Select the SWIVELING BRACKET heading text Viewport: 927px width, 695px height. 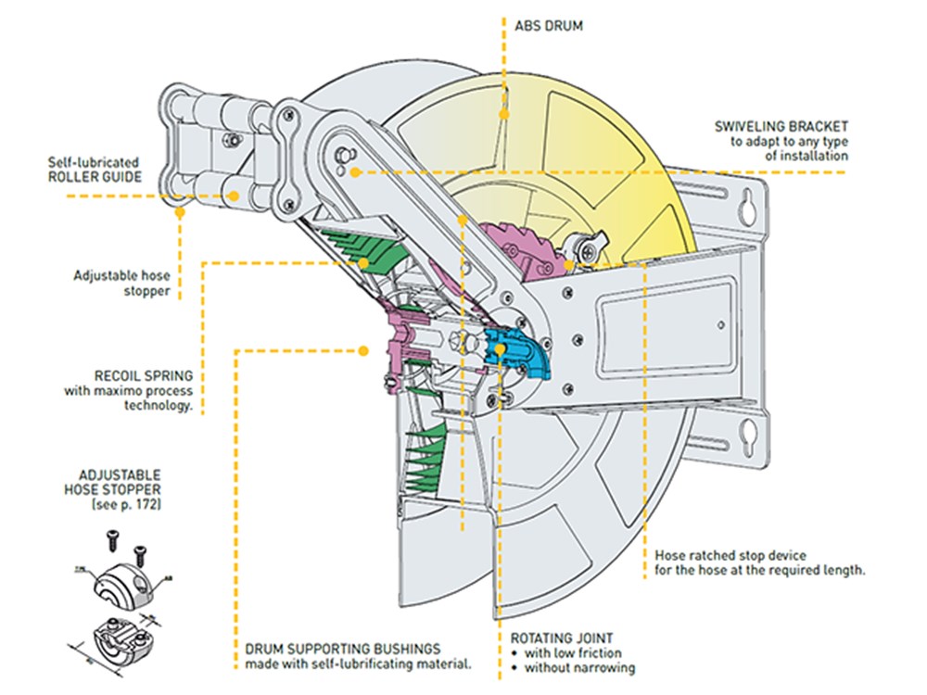click(x=781, y=126)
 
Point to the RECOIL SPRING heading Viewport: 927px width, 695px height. click(x=143, y=376)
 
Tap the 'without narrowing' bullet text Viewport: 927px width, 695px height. click(x=579, y=667)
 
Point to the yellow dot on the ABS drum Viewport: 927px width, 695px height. click(x=504, y=115)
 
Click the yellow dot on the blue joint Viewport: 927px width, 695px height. click(x=501, y=349)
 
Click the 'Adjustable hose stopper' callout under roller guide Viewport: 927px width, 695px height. click(x=121, y=283)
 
